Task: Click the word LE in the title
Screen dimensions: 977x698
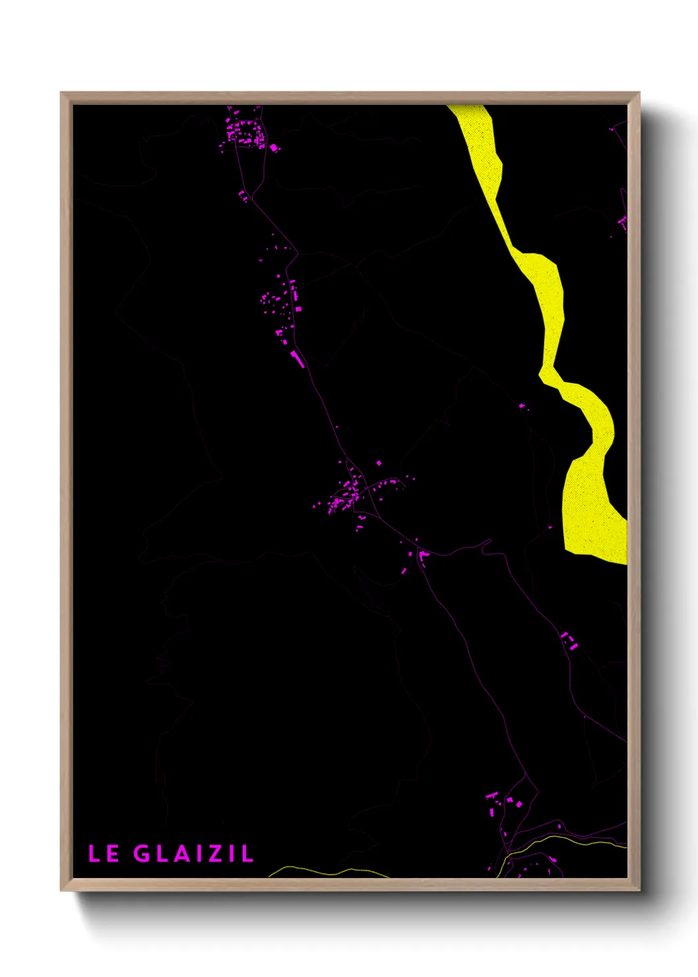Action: click(x=104, y=854)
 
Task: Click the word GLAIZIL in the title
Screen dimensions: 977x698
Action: click(x=193, y=854)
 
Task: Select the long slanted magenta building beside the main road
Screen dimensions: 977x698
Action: click(x=297, y=358)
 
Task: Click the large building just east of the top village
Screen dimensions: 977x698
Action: click(x=273, y=147)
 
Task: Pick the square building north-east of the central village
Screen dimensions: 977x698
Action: click(x=379, y=463)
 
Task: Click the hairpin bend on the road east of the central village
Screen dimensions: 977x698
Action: click(x=488, y=543)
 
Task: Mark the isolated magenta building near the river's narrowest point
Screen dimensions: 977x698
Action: click(x=522, y=406)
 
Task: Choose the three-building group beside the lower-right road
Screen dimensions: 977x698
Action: click(x=569, y=640)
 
